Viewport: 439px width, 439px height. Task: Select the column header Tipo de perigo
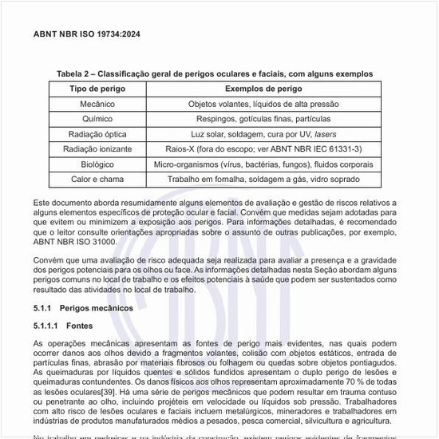click(x=97, y=89)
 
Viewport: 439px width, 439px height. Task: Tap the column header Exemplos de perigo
click(x=263, y=89)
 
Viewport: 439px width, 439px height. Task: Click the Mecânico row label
click(x=97, y=104)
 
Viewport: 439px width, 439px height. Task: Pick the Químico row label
click(x=97, y=119)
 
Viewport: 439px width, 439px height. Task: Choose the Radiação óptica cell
click(x=97, y=134)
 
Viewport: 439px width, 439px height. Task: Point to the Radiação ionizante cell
click(x=97, y=149)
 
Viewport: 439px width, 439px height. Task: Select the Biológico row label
click(x=97, y=164)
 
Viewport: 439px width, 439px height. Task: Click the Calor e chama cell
click(x=97, y=180)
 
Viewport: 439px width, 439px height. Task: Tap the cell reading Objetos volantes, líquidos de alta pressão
click(x=263, y=104)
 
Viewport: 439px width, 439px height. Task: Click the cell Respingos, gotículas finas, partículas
click(x=263, y=119)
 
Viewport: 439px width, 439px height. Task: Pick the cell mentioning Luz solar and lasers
click(x=263, y=134)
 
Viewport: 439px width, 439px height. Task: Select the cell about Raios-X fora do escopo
click(x=263, y=149)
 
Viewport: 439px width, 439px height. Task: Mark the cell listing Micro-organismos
click(x=263, y=164)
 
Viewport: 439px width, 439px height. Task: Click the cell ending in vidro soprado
click(x=263, y=180)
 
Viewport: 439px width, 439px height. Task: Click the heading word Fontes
click(x=80, y=326)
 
